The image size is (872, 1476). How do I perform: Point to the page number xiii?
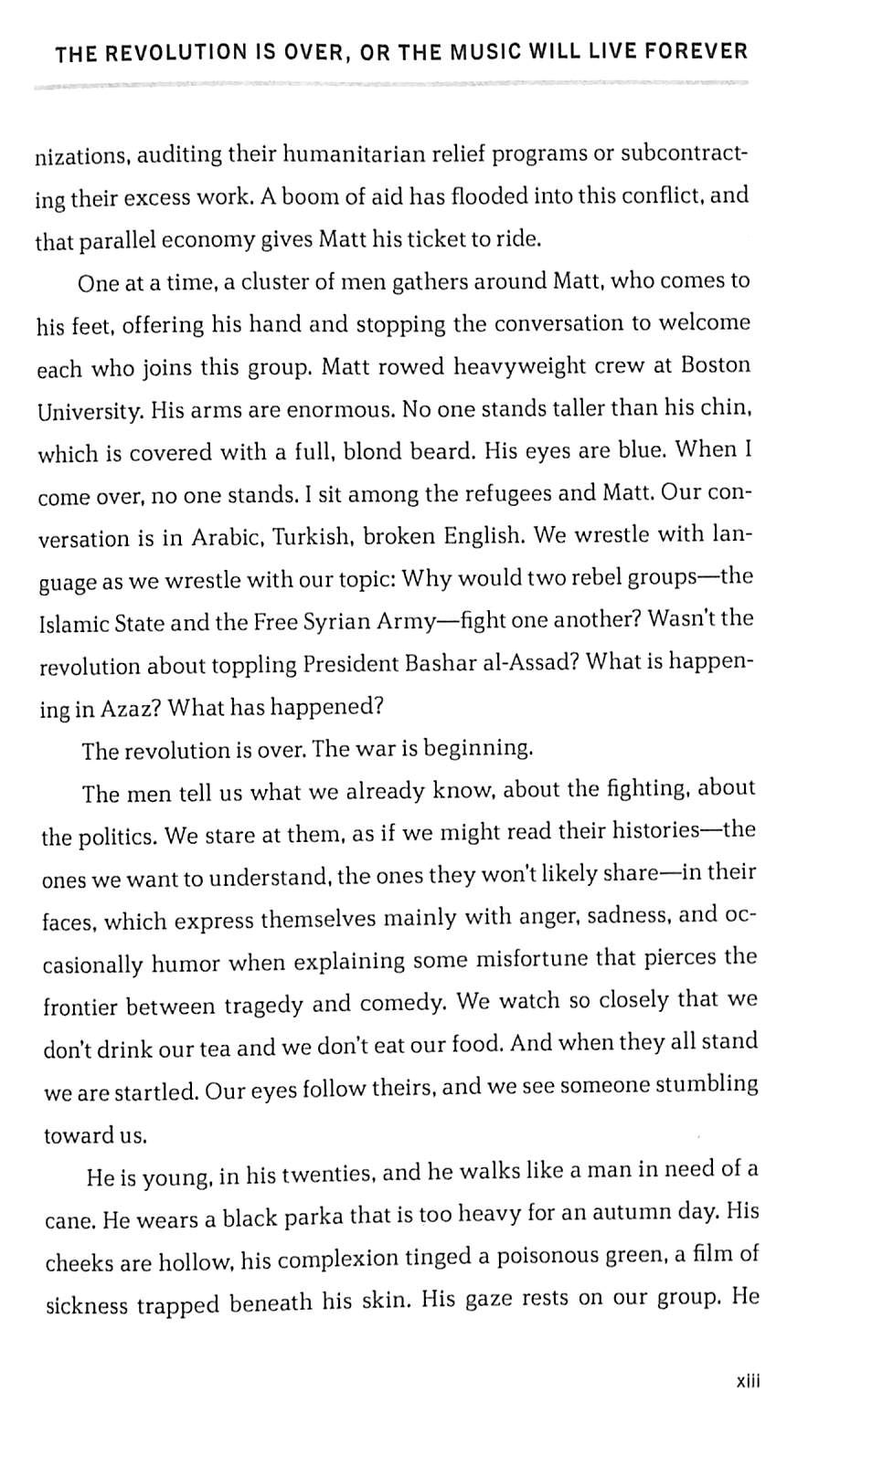[748, 1380]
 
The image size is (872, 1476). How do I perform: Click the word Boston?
[716, 365]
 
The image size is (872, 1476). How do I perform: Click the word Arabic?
[225, 538]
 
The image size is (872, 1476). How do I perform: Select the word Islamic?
[77, 624]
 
